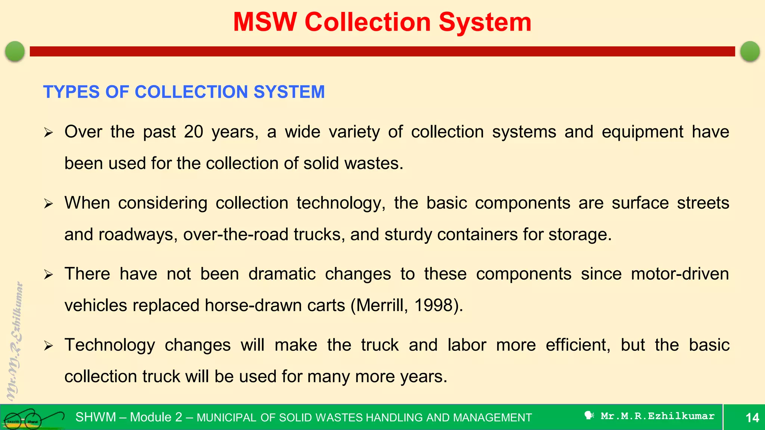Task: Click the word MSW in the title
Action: tap(265, 22)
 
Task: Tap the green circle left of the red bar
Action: tap(15, 51)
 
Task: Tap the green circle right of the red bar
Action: tap(750, 51)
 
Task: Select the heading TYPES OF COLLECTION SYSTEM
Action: tap(184, 92)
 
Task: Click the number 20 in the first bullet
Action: tap(193, 132)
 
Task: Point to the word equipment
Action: tap(642, 132)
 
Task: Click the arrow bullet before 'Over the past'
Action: tap(49, 133)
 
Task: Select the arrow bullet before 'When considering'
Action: tap(49, 204)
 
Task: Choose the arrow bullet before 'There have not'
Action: tap(49, 275)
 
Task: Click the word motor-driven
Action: tap(680, 274)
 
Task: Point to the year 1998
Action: tap(434, 305)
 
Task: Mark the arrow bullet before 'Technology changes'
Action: tap(49, 346)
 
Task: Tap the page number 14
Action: tap(752, 417)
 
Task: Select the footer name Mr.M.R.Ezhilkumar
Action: tap(657, 416)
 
